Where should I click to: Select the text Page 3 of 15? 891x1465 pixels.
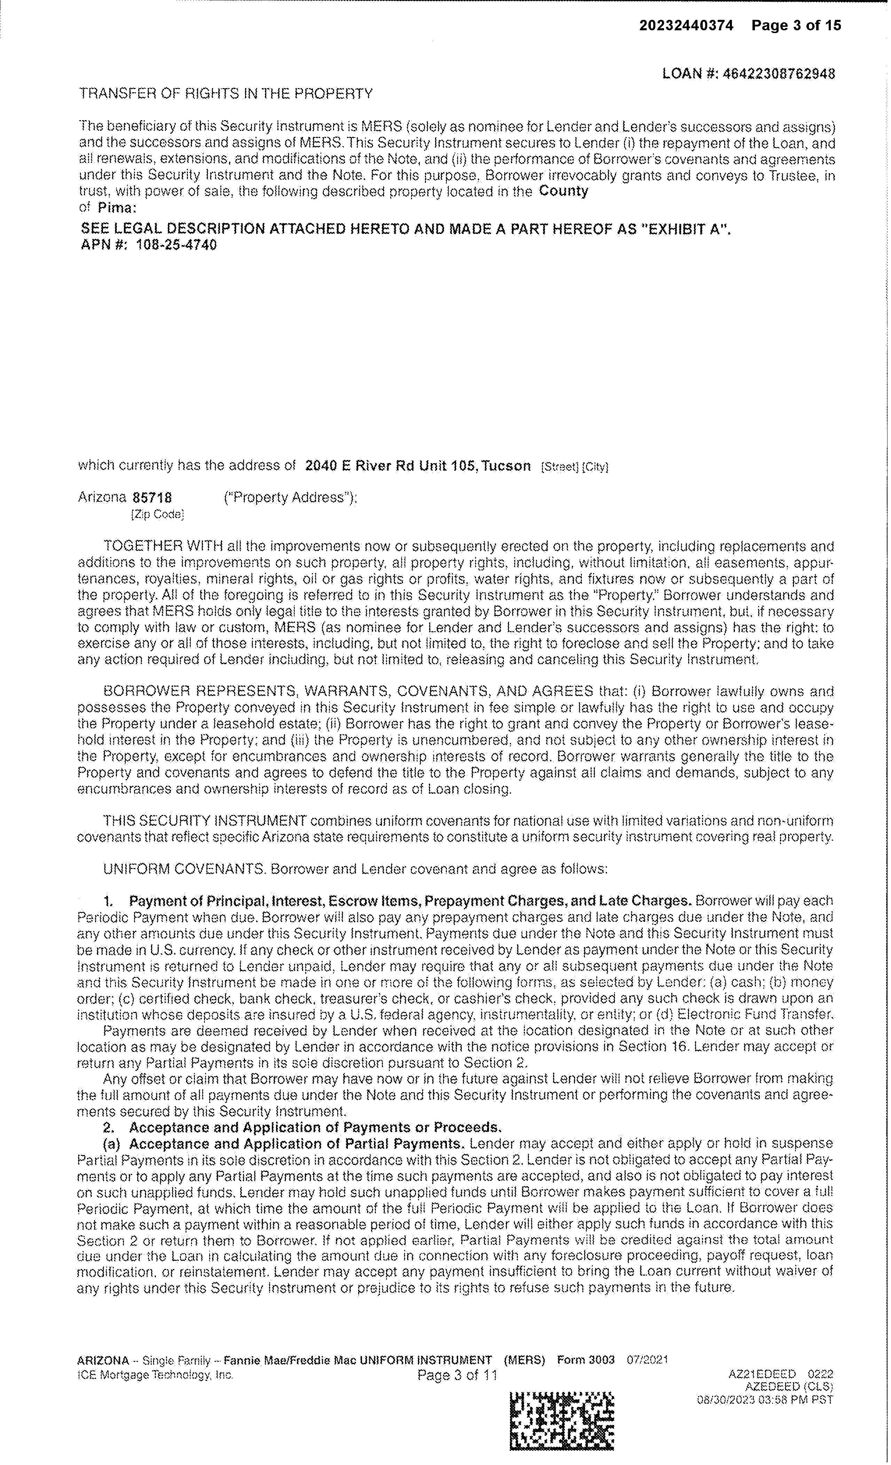[796, 25]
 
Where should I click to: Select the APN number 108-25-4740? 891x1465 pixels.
[176, 245]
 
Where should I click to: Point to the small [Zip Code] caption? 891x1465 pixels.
[157, 514]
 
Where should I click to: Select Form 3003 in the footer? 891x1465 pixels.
[585, 1360]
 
